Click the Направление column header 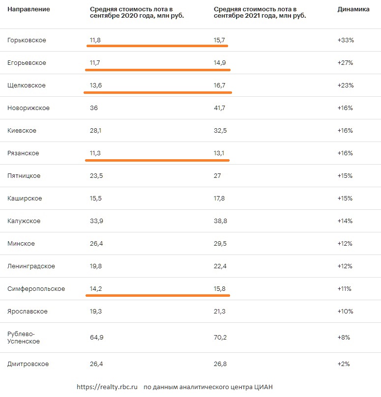[x=29, y=9]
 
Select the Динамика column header [x=353, y=9]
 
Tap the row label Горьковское [x=27, y=40]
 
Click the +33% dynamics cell [x=346, y=40]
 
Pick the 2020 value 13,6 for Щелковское [x=96, y=85]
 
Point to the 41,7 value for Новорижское [x=219, y=108]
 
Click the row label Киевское [x=22, y=131]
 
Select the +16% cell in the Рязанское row [x=345, y=153]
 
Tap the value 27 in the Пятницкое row [x=217, y=176]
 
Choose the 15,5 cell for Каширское [x=96, y=198]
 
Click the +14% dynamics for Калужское [x=345, y=221]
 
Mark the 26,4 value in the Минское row [x=96, y=244]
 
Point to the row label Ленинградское [x=31, y=266]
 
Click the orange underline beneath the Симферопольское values [x=158, y=295]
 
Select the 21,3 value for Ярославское [x=220, y=312]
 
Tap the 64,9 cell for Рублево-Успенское [x=96, y=338]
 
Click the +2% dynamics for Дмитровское [x=344, y=364]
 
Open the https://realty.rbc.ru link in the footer [x=107, y=387]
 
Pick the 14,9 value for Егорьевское [x=220, y=63]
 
